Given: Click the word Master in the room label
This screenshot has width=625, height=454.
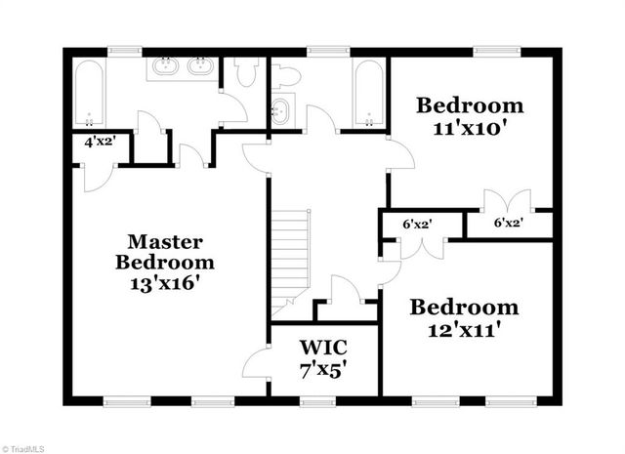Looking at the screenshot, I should click(x=166, y=240).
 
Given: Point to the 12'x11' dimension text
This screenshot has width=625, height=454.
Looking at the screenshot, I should click(x=464, y=330).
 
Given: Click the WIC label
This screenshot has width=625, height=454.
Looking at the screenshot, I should click(x=323, y=348).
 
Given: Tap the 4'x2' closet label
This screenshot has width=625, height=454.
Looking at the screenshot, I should click(x=101, y=141).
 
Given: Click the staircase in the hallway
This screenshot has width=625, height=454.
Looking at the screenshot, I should click(x=289, y=258).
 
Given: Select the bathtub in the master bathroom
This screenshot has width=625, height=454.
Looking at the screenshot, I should click(x=89, y=96).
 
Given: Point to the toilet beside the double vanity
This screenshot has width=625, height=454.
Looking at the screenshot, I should click(x=244, y=72).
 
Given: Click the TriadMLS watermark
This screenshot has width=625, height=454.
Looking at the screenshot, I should click(x=23, y=446).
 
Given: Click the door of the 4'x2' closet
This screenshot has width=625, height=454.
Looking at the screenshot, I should click(x=95, y=177).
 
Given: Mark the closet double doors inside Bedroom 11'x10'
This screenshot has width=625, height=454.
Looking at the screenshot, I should click(x=507, y=202).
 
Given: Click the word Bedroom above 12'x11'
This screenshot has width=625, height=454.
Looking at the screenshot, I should click(x=464, y=308).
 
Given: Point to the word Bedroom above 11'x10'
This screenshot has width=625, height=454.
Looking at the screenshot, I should click(x=470, y=105).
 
